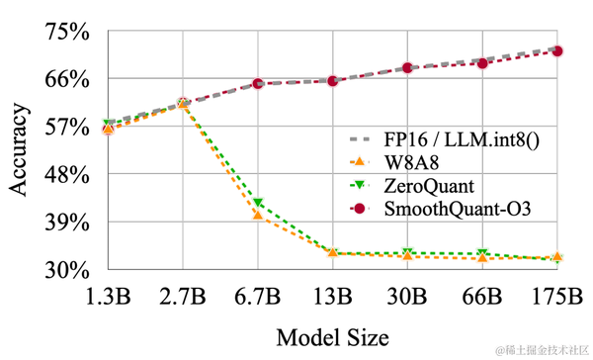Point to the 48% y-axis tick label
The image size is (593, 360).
[65, 174]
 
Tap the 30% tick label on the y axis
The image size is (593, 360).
[65, 269]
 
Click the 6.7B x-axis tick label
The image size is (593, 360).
[257, 297]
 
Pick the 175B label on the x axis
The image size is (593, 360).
[557, 297]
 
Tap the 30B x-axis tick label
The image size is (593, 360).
[407, 297]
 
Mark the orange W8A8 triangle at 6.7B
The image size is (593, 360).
[257, 215]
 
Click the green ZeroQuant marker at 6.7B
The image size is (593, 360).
[257, 204]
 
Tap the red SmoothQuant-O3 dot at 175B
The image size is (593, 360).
[557, 50]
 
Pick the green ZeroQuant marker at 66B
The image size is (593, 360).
[482, 254]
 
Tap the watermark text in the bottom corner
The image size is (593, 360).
[543, 350]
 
